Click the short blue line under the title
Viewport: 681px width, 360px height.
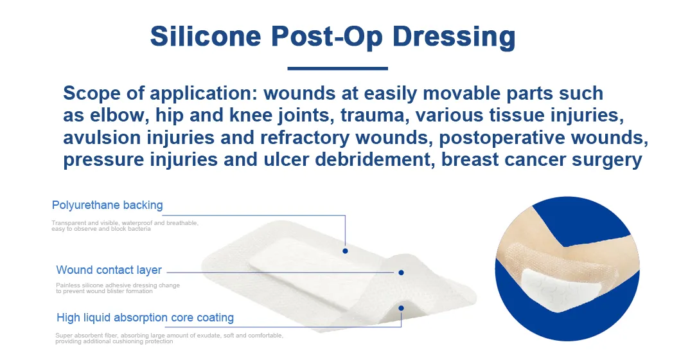[337, 67]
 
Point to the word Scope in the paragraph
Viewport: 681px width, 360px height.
[93, 93]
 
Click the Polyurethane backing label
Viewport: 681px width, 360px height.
[107, 206]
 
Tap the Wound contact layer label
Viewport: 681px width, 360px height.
[109, 270]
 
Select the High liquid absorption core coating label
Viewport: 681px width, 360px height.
[145, 318]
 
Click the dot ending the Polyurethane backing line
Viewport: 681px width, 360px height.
[345, 251]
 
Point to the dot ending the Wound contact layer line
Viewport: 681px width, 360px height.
[402, 273]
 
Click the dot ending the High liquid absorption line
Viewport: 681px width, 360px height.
[402, 308]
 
